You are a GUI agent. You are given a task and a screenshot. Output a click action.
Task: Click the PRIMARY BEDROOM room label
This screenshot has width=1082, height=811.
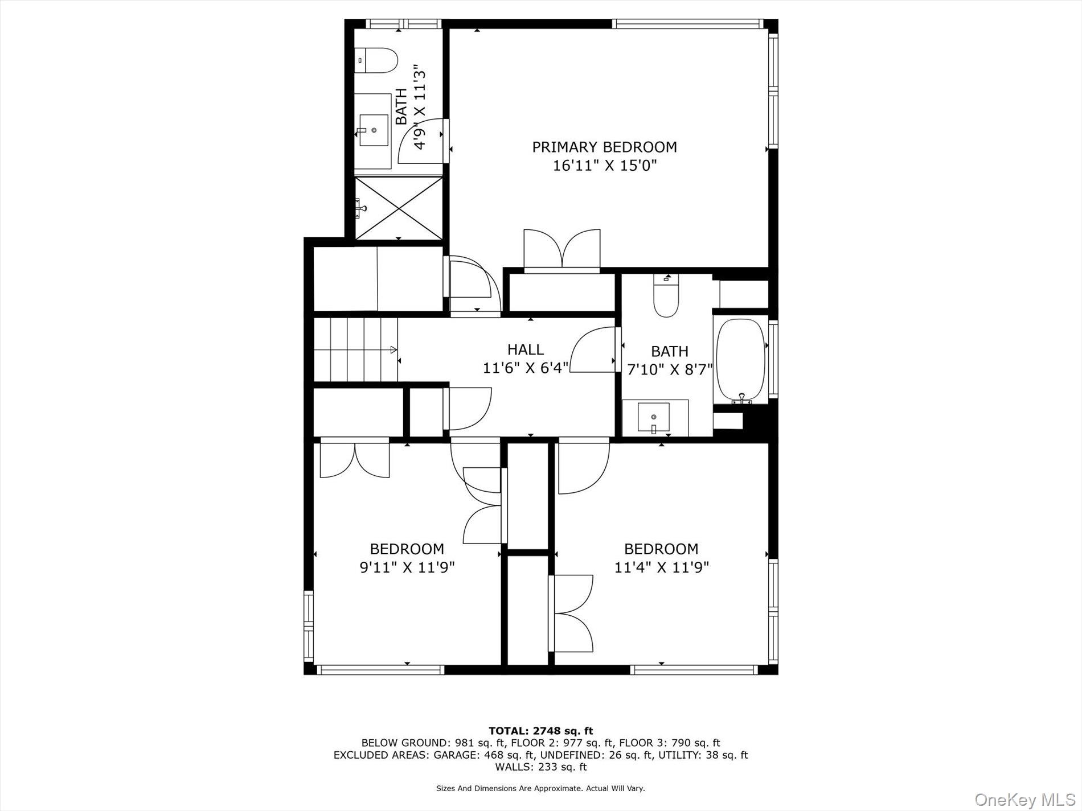(604, 147)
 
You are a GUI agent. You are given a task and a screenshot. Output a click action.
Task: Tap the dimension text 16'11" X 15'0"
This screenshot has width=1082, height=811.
(604, 166)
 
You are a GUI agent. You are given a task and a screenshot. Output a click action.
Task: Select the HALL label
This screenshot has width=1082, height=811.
(525, 349)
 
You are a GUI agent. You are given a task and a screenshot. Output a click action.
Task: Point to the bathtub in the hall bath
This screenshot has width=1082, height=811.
(740, 360)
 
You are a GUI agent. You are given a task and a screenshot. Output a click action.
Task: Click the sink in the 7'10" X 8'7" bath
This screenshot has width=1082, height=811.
(654, 417)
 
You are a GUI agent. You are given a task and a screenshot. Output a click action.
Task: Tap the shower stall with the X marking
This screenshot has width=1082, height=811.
(398, 208)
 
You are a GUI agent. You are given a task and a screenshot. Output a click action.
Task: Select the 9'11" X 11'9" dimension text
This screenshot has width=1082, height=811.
(407, 567)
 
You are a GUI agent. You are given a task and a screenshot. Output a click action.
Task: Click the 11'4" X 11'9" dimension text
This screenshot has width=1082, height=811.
(661, 567)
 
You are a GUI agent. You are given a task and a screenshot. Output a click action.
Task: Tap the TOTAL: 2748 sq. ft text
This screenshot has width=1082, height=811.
(540, 731)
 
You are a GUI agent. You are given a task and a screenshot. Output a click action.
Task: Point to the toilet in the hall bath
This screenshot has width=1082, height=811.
(666, 296)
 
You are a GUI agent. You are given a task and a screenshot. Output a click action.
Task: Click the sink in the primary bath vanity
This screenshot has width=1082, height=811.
(374, 130)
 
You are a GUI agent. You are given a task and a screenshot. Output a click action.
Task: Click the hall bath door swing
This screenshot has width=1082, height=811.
(592, 351)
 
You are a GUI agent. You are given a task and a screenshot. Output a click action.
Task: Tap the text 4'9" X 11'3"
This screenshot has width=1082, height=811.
(420, 107)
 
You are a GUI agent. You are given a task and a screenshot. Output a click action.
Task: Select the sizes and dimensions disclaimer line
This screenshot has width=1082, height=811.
(540, 788)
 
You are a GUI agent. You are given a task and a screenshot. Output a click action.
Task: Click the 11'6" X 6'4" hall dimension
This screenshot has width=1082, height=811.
(525, 368)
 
